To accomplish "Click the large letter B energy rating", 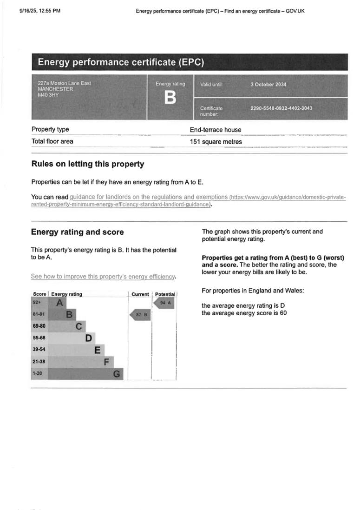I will point(170,98).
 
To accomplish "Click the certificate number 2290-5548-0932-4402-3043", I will point(281,108).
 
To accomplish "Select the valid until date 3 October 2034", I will point(268,85).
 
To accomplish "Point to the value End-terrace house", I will point(216,130).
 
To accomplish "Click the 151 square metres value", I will point(216,142).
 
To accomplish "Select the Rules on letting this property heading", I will point(88,164).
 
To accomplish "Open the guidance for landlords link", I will point(149,197).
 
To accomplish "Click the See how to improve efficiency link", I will point(103,277).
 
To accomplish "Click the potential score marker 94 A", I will point(164,303).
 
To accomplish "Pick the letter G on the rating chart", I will point(117,374).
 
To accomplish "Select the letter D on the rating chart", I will point(89,338).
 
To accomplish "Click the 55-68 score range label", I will point(39,338).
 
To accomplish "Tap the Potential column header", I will point(165,294).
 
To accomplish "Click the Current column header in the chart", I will point(140,294).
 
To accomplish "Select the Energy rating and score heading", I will point(78,232).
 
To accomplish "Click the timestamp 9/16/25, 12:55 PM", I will point(40,11).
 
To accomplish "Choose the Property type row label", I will point(50,130).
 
